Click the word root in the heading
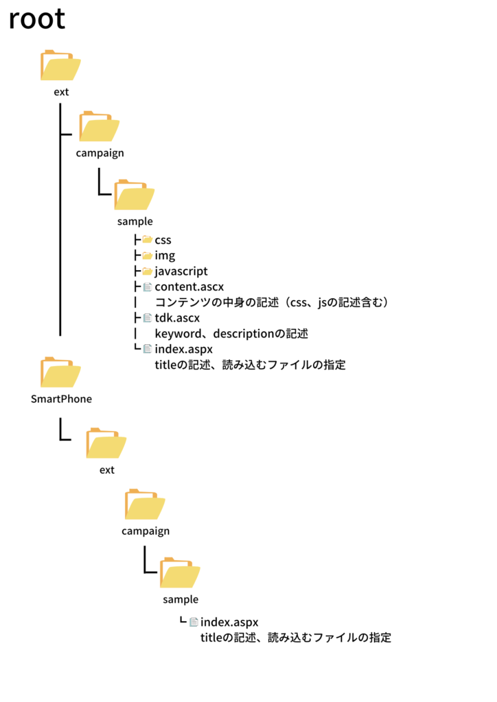[x=37, y=19]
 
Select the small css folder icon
[x=148, y=240]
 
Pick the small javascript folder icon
[x=148, y=271]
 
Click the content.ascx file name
[x=189, y=287]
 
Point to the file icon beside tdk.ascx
[x=148, y=318]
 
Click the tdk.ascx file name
[x=177, y=318]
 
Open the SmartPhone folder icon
[x=60, y=372]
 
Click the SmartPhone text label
[x=61, y=399]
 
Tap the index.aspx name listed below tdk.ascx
[x=184, y=349]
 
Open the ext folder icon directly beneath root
[x=60, y=65]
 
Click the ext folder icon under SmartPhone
[x=106, y=444]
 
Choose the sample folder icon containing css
[x=135, y=195]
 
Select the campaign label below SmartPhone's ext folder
[x=146, y=531]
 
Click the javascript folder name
[x=181, y=271]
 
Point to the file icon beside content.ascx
[x=148, y=287]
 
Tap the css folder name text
[x=163, y=241]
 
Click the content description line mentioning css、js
[x=272, y=302]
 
